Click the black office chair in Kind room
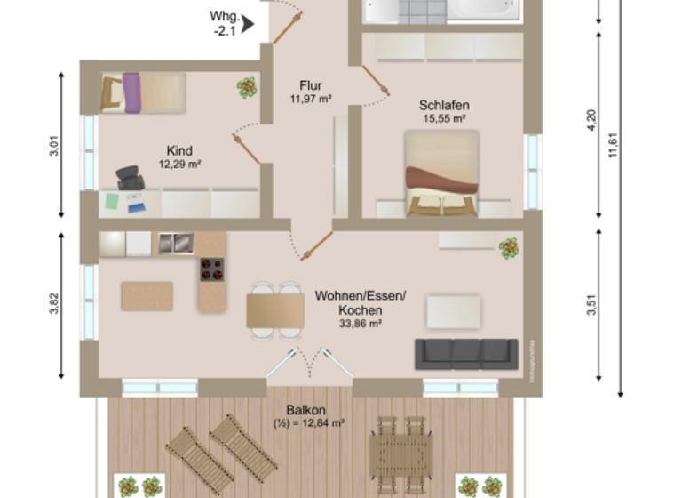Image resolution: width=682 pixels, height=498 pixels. (x=131, y=178)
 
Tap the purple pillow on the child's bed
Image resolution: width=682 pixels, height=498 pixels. (x=132, y=92)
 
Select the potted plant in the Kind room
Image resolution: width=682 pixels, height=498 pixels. (x=246, y=87)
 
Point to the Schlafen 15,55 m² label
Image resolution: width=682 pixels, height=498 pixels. (x=444, y=111)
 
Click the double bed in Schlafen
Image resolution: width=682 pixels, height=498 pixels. (x=441, y=173)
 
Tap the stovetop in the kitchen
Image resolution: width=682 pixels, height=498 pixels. (x=211, y=269)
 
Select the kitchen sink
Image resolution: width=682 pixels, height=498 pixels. (x=176, y=243)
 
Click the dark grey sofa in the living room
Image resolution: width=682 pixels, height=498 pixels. (x=466, y=354)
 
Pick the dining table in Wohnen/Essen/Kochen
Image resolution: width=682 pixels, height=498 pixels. (x=275, y=310)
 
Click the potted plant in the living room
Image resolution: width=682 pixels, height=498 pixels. (x=509, y=247)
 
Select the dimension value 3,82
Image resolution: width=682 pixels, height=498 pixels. (x=54, y=305)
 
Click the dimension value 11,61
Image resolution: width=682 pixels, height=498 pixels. (x=613, y=142)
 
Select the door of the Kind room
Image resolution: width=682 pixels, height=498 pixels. (x=246, y=149)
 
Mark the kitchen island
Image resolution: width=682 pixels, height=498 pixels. (x=147, y=296)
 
